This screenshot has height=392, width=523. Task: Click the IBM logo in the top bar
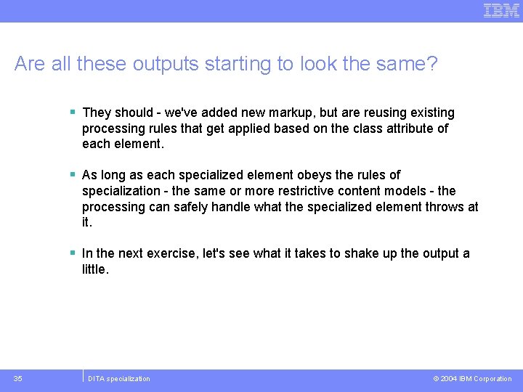click(x=501, y=10)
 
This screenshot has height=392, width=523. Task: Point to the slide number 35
click(x=18, y=378)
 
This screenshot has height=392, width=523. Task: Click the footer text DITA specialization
click(x=118, y=379)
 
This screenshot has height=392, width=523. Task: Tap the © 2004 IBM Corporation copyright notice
click(x=472, y=379)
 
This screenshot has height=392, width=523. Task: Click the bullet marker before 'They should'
click(x=73, y=113)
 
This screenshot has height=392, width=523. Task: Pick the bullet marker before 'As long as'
click(x=73, y=175)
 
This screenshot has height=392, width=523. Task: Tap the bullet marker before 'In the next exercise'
click(x=73, y=253)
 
